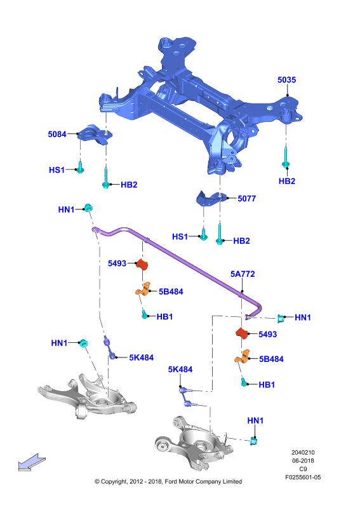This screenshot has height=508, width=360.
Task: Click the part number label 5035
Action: pos(286,80)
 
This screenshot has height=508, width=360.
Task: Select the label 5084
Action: pos(57,134)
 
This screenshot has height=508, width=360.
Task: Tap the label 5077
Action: pos(246,198)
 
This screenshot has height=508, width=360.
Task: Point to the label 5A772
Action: pos(243,274)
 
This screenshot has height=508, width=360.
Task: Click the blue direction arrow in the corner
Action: pos(32,462)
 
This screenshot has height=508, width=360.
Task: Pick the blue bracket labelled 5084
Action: pos(95,134)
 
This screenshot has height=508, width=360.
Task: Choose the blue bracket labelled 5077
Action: pos(211,198)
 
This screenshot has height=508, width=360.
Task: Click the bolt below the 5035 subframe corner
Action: pos(286,157)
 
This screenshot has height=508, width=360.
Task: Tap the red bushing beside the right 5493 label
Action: pos(241,333)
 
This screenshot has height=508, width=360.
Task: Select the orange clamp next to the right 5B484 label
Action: pos(243,357)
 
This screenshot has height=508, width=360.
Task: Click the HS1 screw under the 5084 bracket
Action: pos(80,167)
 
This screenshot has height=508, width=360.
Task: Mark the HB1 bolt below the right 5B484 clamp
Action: pos(244,382)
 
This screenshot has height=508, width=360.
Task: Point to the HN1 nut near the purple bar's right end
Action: pos(281,319)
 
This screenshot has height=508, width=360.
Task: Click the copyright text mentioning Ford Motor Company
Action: pos(168,481)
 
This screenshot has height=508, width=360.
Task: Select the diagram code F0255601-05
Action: pos(303,478)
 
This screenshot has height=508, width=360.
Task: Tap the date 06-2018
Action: pos(303,461)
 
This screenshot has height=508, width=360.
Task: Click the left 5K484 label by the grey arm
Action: pos(142,358)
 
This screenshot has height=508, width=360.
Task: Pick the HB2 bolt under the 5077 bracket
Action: pos(220,233)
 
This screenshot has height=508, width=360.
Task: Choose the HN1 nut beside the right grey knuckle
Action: pos(255,441)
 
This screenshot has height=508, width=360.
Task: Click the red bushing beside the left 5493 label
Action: pos(142,264)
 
